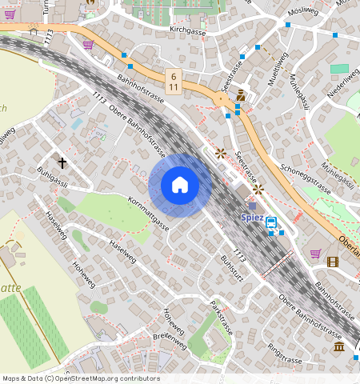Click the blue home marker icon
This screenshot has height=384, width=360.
(180, 186)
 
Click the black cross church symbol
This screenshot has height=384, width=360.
(62, 162)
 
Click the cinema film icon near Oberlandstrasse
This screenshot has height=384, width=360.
(333, 261)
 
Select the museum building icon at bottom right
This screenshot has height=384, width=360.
(339, 346)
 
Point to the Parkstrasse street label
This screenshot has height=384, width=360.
(222, 318)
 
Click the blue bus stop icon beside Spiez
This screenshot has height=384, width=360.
(271, 222)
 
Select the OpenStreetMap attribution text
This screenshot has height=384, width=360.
(81, 378)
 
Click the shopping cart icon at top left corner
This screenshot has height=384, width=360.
(9, 14)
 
